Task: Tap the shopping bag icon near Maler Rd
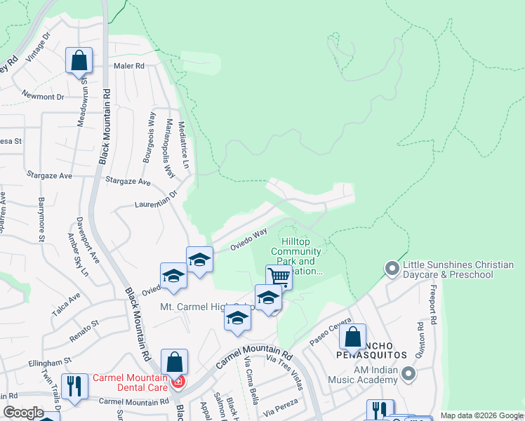click(x=79, y=61)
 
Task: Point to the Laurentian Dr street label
click(x=157, y=201)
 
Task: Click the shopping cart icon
click(x=279, y=276)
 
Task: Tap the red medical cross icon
click(x=178, y=382)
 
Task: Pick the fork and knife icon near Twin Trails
click(x=74, y=385)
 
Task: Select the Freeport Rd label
click(x=434, y=303)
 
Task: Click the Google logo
click(x=23, y=413)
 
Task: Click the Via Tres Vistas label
click(x=285, y=372)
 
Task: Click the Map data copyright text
click(x=481, y=415)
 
